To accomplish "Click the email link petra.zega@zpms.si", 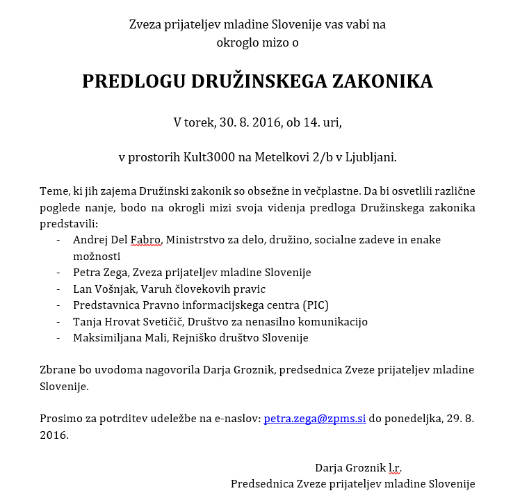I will coord(314,419).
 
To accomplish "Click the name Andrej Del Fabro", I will coord(117,240).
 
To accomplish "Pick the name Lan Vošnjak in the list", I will coord(101,289).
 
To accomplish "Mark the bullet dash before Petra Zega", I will coord(58,273).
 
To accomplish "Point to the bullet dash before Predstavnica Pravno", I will coord(58,305).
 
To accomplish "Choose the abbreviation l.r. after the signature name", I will coord(395,467).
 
